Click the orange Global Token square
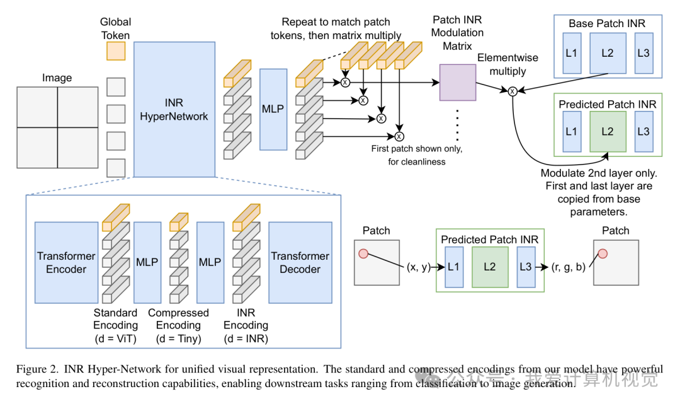(x=116, y=51)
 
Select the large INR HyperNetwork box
(x=174, y=109)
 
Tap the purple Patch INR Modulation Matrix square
(x=458, y=83)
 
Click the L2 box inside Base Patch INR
(x=607, y=53)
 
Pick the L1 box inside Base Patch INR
(x=571, y=53)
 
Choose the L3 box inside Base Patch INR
(x=643, y=53)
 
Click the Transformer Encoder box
(x=66, y=262)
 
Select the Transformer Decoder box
(x=300, y=262)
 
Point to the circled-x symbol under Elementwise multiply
(x=513, y=91)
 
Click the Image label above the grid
(x=57, y=78)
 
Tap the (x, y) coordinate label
(x=417, y=267)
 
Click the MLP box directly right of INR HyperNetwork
(x=273, y=109)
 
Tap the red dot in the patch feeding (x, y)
(x=363, y=253)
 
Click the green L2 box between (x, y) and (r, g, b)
(x=489, y=267)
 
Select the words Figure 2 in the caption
(x=35, y=369)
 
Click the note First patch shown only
(x=417, y=149)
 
